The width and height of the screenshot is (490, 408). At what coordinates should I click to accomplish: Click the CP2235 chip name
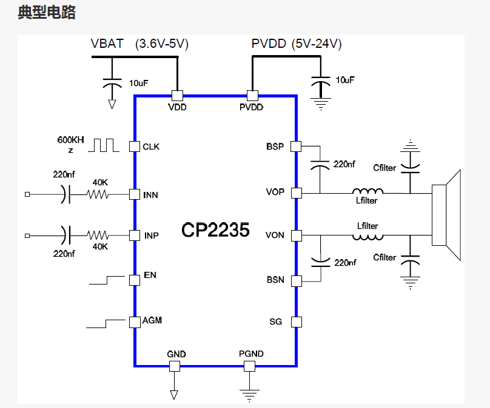click(215, 230)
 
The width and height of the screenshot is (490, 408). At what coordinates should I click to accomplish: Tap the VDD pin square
click(177, 96)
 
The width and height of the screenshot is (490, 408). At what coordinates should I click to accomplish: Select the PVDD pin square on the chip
click(252, 96)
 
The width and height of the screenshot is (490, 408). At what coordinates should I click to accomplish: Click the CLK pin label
click(151, 146)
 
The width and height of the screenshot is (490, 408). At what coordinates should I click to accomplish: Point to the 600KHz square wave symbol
click(104, 145)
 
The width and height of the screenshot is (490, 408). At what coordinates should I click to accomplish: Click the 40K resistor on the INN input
click(98, 194)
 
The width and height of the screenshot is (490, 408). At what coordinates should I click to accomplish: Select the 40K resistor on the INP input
click(98, 235)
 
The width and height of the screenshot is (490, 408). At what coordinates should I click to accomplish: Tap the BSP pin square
click(296, 146)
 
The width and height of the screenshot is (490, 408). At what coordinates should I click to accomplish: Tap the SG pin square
click(296, 321)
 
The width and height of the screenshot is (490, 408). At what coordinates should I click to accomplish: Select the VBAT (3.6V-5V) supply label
click(140, 44)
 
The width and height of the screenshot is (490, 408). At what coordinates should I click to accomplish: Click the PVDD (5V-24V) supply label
click(297, 44)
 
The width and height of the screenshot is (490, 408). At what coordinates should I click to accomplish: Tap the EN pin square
click(134, 280)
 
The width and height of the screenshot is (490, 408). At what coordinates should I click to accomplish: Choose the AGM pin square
click(134, 321)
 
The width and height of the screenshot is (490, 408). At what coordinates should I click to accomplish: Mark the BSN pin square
click(296, 281)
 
